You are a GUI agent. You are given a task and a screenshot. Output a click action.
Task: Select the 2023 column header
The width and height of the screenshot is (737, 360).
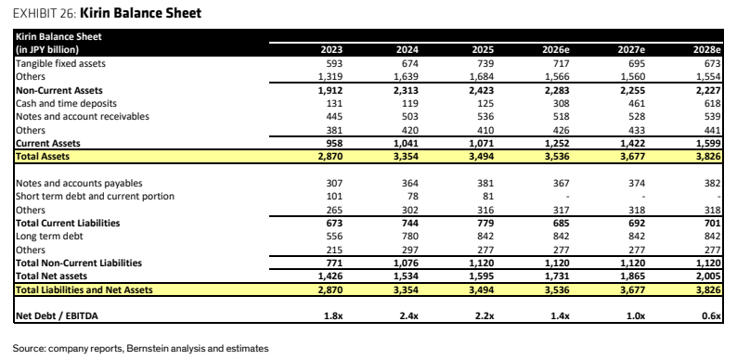point(331,50)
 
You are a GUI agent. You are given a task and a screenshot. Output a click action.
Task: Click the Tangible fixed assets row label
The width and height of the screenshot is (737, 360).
point(60,63)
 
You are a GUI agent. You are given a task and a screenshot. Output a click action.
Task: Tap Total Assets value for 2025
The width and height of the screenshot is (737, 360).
point(481,157)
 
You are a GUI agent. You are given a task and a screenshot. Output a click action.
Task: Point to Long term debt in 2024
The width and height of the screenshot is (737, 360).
point(409,237)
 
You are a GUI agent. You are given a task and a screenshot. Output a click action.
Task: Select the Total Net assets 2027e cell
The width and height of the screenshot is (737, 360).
point(632,276)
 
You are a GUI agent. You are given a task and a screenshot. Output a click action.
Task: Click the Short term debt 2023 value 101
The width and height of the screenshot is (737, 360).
point(334,196)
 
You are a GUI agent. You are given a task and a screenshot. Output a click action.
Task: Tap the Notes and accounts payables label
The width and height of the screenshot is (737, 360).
point(79,184)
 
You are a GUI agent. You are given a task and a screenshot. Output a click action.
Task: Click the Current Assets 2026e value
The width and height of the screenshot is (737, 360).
point(556,143)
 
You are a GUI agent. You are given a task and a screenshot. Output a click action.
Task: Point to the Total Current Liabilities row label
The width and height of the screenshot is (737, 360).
point(68,224)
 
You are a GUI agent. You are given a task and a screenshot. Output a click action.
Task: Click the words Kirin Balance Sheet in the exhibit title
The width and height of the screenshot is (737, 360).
point(140,13)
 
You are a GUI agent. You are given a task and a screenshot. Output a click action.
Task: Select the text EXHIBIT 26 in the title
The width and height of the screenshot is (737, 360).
point(44,13)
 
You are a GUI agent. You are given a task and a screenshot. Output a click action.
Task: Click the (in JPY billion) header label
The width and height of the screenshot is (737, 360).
point(47,50)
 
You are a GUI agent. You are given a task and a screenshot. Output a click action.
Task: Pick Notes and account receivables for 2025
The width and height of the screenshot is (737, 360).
point(485,117)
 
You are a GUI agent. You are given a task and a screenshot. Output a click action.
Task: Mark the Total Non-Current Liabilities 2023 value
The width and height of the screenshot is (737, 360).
point(334,263)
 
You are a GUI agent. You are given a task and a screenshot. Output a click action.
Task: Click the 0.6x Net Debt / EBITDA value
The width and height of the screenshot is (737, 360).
point(712,316)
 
